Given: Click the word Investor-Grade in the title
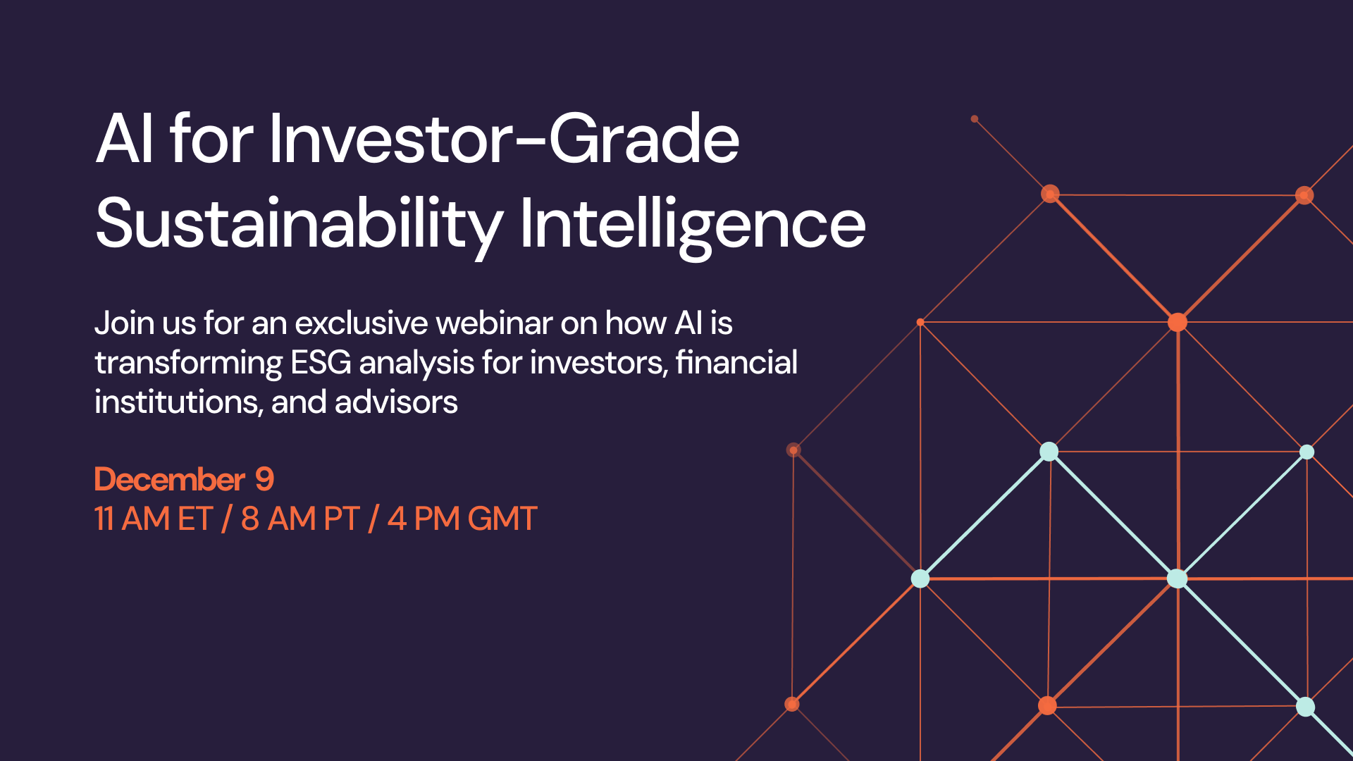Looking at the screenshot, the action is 505,139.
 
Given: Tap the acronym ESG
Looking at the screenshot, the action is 321,363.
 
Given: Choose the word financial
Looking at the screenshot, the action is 736,362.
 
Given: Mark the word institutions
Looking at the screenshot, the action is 179,402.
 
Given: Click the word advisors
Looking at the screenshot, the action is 396,402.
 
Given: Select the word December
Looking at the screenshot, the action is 170,480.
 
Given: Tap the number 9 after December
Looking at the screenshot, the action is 264,480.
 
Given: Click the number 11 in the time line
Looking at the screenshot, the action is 104,519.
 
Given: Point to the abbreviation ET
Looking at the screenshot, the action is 195,519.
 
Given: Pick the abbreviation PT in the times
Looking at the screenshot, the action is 342,519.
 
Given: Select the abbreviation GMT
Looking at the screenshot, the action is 502,519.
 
